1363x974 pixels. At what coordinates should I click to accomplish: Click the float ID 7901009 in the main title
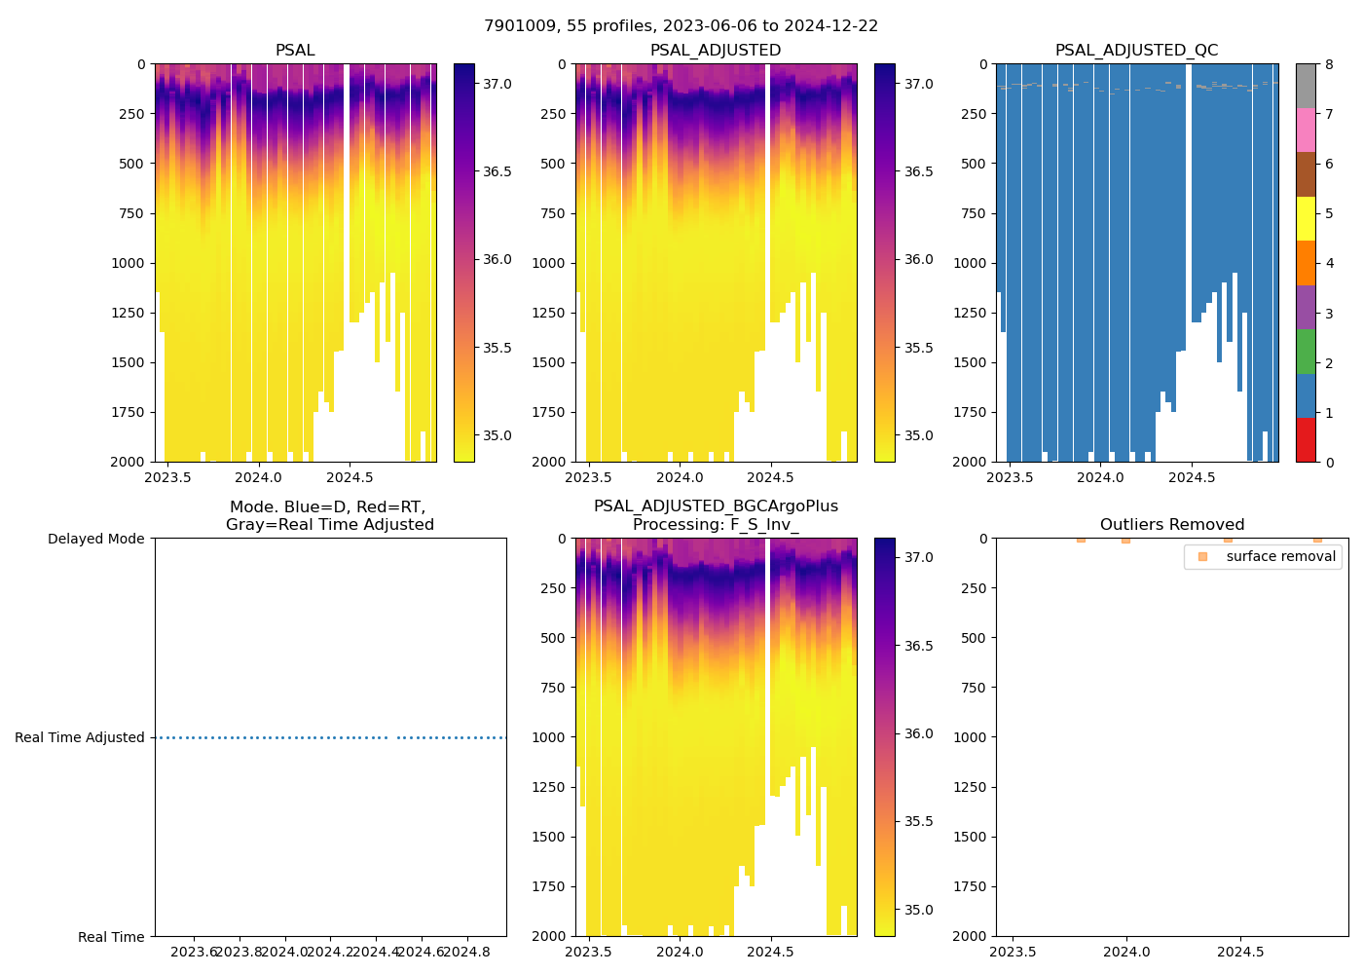pos(517,26)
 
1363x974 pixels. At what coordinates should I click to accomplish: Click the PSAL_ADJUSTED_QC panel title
pos(1136,51)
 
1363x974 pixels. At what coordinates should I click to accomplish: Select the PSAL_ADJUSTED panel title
pos(716,51)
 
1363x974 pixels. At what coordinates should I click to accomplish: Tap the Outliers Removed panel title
pos(1171,525)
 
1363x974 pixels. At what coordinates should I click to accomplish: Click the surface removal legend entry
pos(1280,556)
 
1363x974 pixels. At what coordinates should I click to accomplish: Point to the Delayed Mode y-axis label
pos(95,539)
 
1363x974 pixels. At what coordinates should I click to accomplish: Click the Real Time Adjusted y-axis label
pos(80,737)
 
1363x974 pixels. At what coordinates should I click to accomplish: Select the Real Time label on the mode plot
pos(111,937)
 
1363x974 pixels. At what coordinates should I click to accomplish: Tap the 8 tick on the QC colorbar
pos(1329,64)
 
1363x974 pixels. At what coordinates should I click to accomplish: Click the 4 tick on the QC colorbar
pos(1329,263)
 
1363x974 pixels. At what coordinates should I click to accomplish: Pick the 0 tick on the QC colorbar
pos(1329,462)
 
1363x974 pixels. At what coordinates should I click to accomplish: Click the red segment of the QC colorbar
pos(1306,439)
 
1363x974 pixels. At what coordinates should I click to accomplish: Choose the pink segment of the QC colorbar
pos(1306,130)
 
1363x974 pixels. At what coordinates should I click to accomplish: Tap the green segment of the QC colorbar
pos(1306,351)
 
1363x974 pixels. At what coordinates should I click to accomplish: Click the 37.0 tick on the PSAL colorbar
pos(497,84)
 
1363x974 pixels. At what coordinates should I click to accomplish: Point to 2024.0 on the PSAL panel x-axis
pos(259,477)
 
